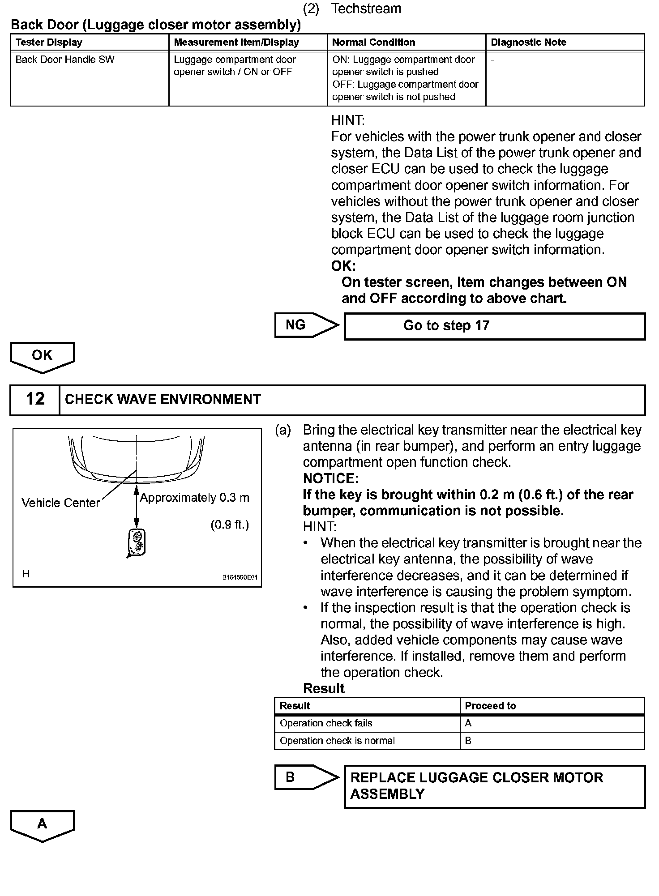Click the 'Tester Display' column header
tap(49, 43)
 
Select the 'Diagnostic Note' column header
tap(528, 43)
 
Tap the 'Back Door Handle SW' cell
tap(65, 60)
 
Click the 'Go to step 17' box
tap(494, 326)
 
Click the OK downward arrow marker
tap(43, 357)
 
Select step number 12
tap(35, 399)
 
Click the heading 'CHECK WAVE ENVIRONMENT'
tap(163, 399)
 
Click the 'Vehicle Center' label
tap(60, 503)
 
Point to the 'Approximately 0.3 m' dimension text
tap(195, 498)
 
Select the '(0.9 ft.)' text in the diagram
tap(230, 525)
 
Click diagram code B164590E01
tap(240, 577)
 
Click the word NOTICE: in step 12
tap(330, 478)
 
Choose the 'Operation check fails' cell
tap(326, 723)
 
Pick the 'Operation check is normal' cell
tap(337, 741)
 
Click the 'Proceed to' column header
tap(490, 706)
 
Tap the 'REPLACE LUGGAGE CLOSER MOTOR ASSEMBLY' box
tap(494, 786)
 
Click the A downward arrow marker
tap(43, 825)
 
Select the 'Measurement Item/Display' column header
tap(236, 43)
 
